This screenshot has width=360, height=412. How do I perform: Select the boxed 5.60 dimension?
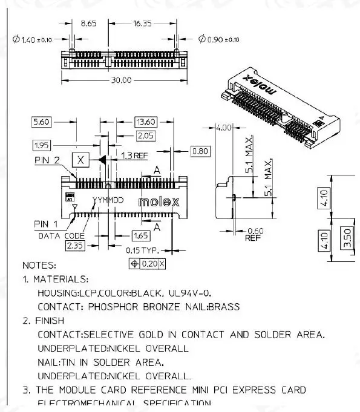[42, 122]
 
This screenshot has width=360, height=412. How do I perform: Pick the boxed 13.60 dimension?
[146, 122]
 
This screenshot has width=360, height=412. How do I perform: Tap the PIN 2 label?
[48, 160]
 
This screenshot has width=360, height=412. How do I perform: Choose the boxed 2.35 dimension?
[76, 246]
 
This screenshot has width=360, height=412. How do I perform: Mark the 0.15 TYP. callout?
[142, 250]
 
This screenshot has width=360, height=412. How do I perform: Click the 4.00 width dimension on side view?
[224, 128]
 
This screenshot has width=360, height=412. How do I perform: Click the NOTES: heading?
[39, 265]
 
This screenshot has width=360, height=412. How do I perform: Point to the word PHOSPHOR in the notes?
[109, 307]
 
